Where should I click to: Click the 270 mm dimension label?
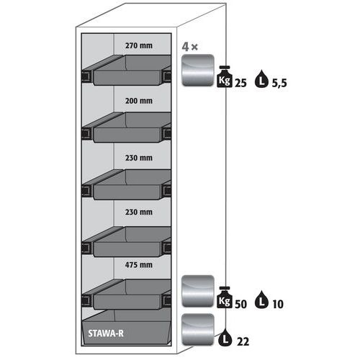click(139, 45)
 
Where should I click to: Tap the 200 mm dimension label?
click(139, 101)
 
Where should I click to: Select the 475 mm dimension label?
click(139, 265)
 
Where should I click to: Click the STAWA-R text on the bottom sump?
click(106, 333)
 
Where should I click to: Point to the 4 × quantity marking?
click(190, 47)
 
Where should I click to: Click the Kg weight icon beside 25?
click(225, 76)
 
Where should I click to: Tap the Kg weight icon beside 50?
click(225, 297)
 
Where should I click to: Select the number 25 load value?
click(240, 83)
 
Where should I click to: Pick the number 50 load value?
click(240, 304)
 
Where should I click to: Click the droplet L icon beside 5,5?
click(261, 79)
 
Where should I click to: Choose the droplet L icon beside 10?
click(261, 300)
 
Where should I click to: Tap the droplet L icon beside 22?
click(225, 337)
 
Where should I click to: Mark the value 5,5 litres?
click(279, 84)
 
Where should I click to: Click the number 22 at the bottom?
click(243, 341)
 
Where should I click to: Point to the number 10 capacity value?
click(278, 305)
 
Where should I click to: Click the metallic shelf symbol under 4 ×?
click(198, 70)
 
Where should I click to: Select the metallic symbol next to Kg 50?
click(198, 291)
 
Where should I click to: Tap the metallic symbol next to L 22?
click(198, 330)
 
